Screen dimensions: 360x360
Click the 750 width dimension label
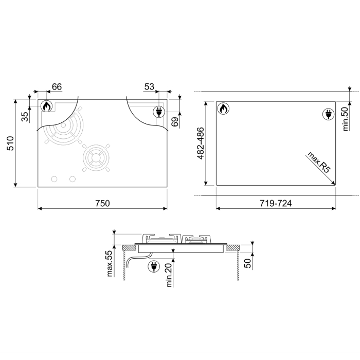[x=102, y=203]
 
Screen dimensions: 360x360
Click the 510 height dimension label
[x=11, y=143]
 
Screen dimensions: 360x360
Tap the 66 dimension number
[x=57, y=87]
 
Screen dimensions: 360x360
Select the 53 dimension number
[x=149, y=86]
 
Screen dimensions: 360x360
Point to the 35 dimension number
[x=25, y=116]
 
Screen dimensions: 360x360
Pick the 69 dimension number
[x=175, y=122]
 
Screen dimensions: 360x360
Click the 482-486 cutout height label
[x=201, y=143]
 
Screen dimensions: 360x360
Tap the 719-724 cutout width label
[x=276, y=203]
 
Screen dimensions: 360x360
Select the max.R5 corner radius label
[x=319, y=162]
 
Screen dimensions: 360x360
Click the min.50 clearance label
[x=345, y=119]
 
